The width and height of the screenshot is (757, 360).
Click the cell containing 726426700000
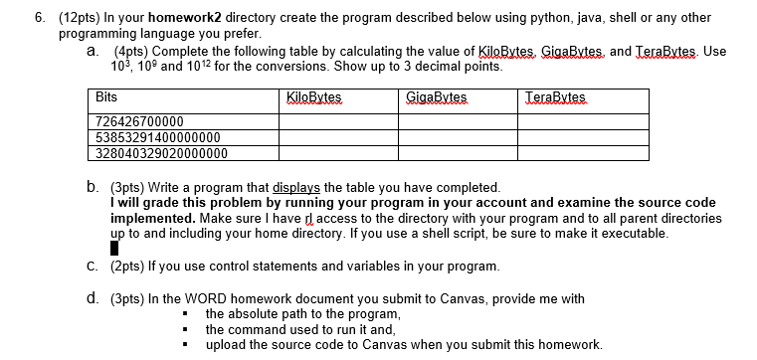[x=139, y=122]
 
